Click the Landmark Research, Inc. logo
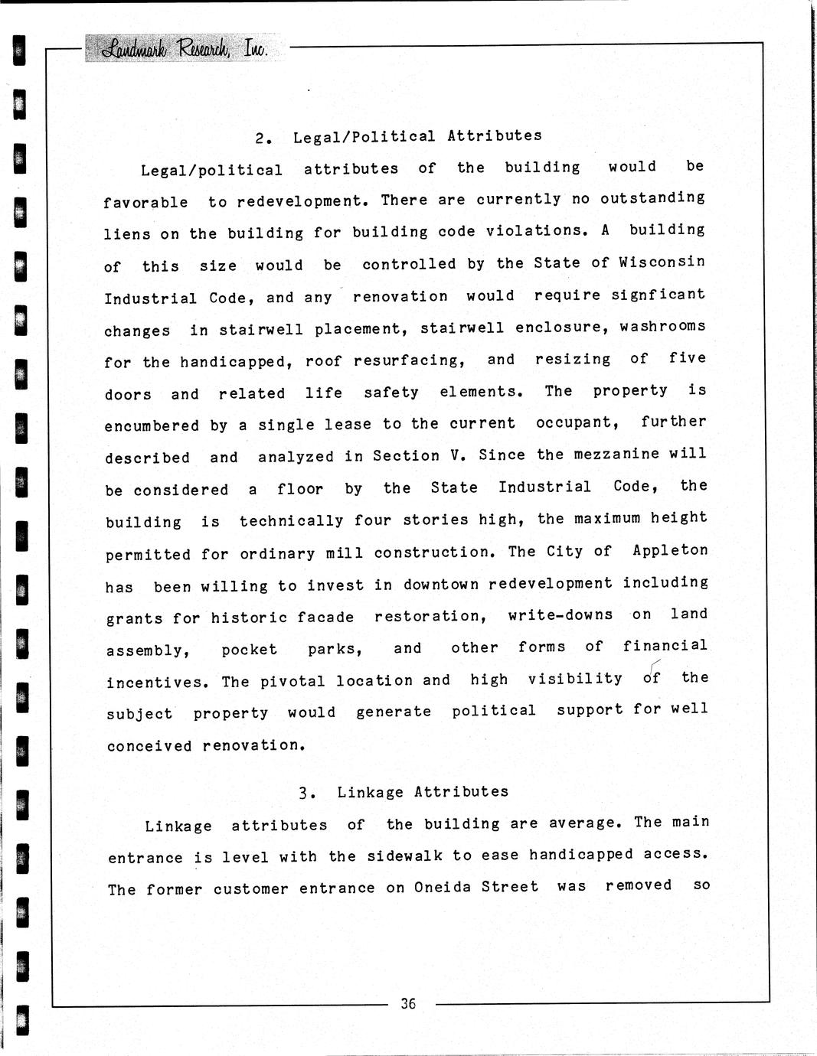pos(184,49)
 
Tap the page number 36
pos(407,1003)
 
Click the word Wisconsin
pos(662,262)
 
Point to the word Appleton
pos(670,551)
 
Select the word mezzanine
pos(618,454)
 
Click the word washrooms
pos(663,327)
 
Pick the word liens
pos(127,233)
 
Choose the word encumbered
pos(152,425)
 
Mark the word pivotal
pos(293,680)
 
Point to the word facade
pos(325,617)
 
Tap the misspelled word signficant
pos(659,295)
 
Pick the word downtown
pos(441,584)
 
